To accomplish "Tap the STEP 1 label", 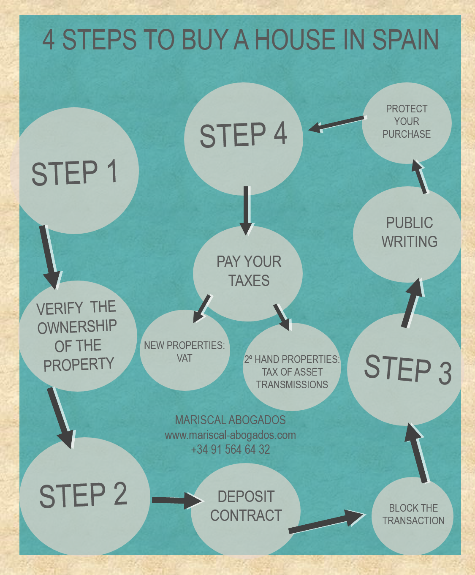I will coord(74,173).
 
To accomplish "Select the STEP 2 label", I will coord(83,495).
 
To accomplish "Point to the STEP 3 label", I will coord(407,369).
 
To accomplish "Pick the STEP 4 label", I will coord(243,135).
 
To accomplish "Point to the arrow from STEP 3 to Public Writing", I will coord(413,303).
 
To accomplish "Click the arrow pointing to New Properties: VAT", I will coord(202,308).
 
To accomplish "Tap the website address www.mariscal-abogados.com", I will coord(230,435).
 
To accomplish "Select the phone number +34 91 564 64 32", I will coord(230,449).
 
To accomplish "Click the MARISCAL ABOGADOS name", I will coord(230,420).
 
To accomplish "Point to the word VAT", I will coord(185,358).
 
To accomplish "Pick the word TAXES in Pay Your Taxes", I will coord(249,281).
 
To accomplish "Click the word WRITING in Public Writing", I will coord(409,242).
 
